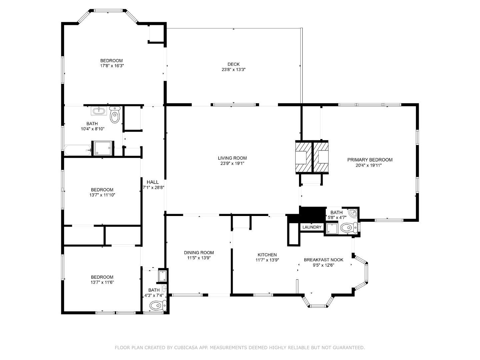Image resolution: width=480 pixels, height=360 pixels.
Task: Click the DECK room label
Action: (233, 64)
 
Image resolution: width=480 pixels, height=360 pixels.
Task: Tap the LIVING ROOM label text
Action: (232, 158)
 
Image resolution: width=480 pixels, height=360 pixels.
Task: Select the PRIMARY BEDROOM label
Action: (370, 160)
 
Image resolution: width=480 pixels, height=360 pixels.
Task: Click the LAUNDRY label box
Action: (312, 227)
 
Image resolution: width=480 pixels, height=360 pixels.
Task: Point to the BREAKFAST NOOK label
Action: (323, 260)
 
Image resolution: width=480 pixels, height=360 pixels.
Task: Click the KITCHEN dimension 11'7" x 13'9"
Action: (267, 260)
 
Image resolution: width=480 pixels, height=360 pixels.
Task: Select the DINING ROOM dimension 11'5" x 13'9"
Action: (199, 258)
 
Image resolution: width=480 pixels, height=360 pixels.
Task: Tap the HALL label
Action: (153, 182)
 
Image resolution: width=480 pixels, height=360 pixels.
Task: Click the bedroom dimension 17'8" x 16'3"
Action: (112, 66)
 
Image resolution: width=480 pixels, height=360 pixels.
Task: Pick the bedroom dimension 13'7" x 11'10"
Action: (102, 195)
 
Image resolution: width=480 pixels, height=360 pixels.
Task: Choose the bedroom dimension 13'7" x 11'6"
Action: (102, 282)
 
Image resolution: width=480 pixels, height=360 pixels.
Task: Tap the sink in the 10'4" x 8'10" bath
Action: (99, 110)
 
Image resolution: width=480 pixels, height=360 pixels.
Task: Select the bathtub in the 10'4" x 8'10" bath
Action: (77, 150)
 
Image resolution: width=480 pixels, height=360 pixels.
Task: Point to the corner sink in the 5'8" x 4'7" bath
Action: (353, 212)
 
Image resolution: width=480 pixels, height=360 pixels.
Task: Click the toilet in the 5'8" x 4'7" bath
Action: (347, 228)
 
